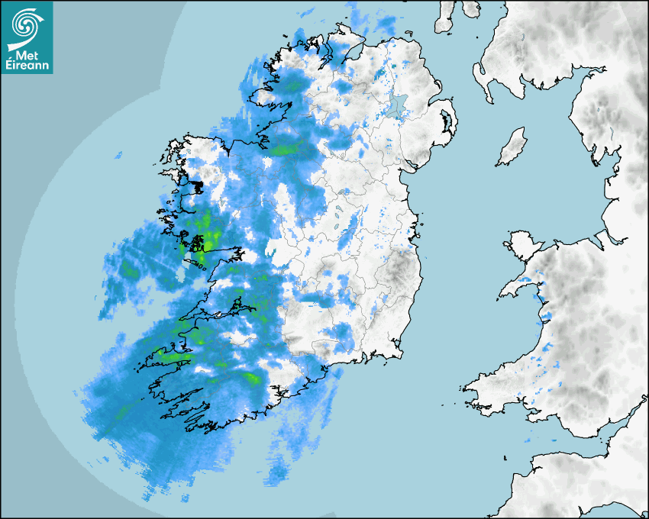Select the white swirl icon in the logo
(x=26, y=27)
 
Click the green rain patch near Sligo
(x=286, y=149)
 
